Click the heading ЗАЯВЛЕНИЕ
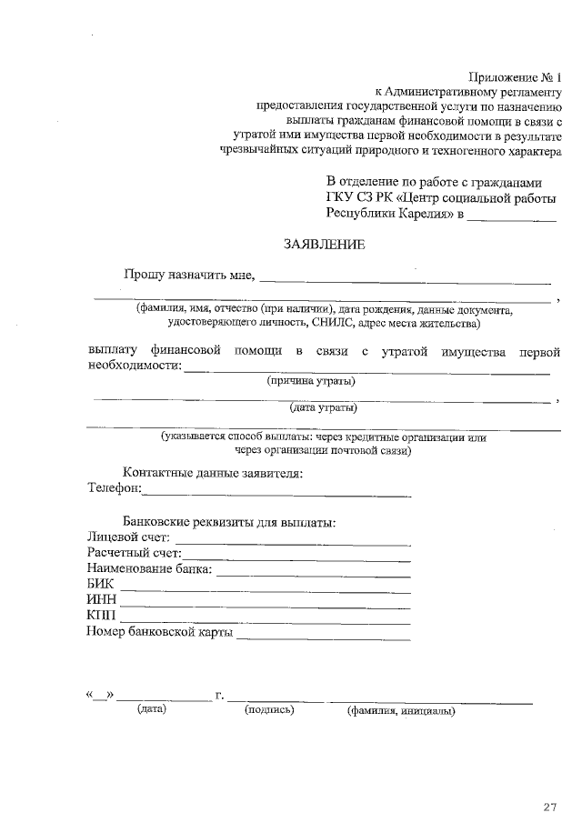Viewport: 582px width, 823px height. [325, 245]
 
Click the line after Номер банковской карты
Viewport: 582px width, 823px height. [323, 637]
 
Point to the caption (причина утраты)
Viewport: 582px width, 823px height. [311, 381]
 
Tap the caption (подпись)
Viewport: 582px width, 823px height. [270, 710]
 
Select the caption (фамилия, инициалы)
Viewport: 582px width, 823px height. [401, 711]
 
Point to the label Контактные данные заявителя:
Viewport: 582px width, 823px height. [212, 473]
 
